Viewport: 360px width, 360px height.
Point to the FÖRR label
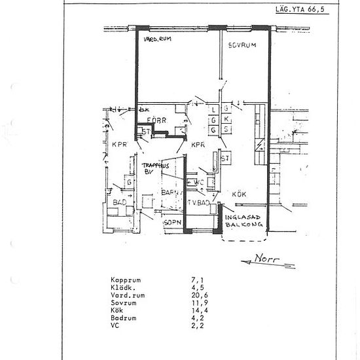coord(156,120)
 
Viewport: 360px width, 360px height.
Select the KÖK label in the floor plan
coord(238,194)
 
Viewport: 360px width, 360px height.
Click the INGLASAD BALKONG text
coord(243,221)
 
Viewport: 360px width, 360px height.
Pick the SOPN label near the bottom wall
coord(171,223)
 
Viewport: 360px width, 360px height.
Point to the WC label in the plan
coord(200,182)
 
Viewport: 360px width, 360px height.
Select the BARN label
coord(170,193)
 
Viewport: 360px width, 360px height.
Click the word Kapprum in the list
coord(126,281)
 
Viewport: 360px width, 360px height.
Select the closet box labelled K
coord(226,120)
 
